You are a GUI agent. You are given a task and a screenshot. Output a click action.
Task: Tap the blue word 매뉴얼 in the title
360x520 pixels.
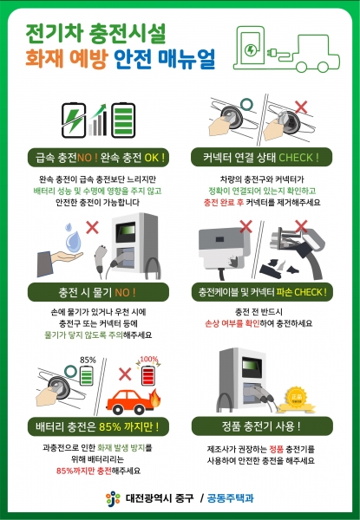[x=187, y=59]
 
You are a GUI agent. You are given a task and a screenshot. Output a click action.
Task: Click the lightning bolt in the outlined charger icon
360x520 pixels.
[x=251, y=50]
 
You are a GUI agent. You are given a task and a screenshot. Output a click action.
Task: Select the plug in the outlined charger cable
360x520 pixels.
[x=271, y=52]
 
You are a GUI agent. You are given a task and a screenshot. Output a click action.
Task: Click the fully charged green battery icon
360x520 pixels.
[x=123, y=120]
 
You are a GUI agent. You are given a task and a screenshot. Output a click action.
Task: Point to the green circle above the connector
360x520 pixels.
[x=246, y=105]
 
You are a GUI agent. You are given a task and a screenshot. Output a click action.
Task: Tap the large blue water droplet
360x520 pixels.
[x=74, y=241]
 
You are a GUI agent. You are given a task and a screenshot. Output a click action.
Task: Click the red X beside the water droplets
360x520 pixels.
[x=92, y=227]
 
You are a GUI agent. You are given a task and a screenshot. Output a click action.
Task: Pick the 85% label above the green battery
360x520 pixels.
[x=88, y=360]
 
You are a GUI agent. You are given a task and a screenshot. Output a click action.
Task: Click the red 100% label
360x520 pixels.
[x=148, y=359]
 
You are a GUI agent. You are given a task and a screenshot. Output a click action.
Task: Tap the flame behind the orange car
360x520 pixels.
[x=155, y=398]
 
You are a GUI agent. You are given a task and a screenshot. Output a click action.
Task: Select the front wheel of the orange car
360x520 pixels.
[x=138, y=409]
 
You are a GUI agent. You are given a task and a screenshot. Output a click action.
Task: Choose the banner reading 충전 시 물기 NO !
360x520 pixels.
[x=98, y=292]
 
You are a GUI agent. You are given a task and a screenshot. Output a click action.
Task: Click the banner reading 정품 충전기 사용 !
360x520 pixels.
[x=262, y=426]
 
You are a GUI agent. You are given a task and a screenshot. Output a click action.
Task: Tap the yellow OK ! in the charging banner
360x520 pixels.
[x=154, y=158]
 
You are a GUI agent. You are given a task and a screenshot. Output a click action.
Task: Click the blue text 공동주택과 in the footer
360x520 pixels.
[x=230, y=497]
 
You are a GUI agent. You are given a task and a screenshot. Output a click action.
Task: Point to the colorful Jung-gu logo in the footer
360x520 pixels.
[x=113, y=498]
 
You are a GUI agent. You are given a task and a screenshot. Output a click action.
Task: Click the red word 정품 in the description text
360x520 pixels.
[x=276, y=449]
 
